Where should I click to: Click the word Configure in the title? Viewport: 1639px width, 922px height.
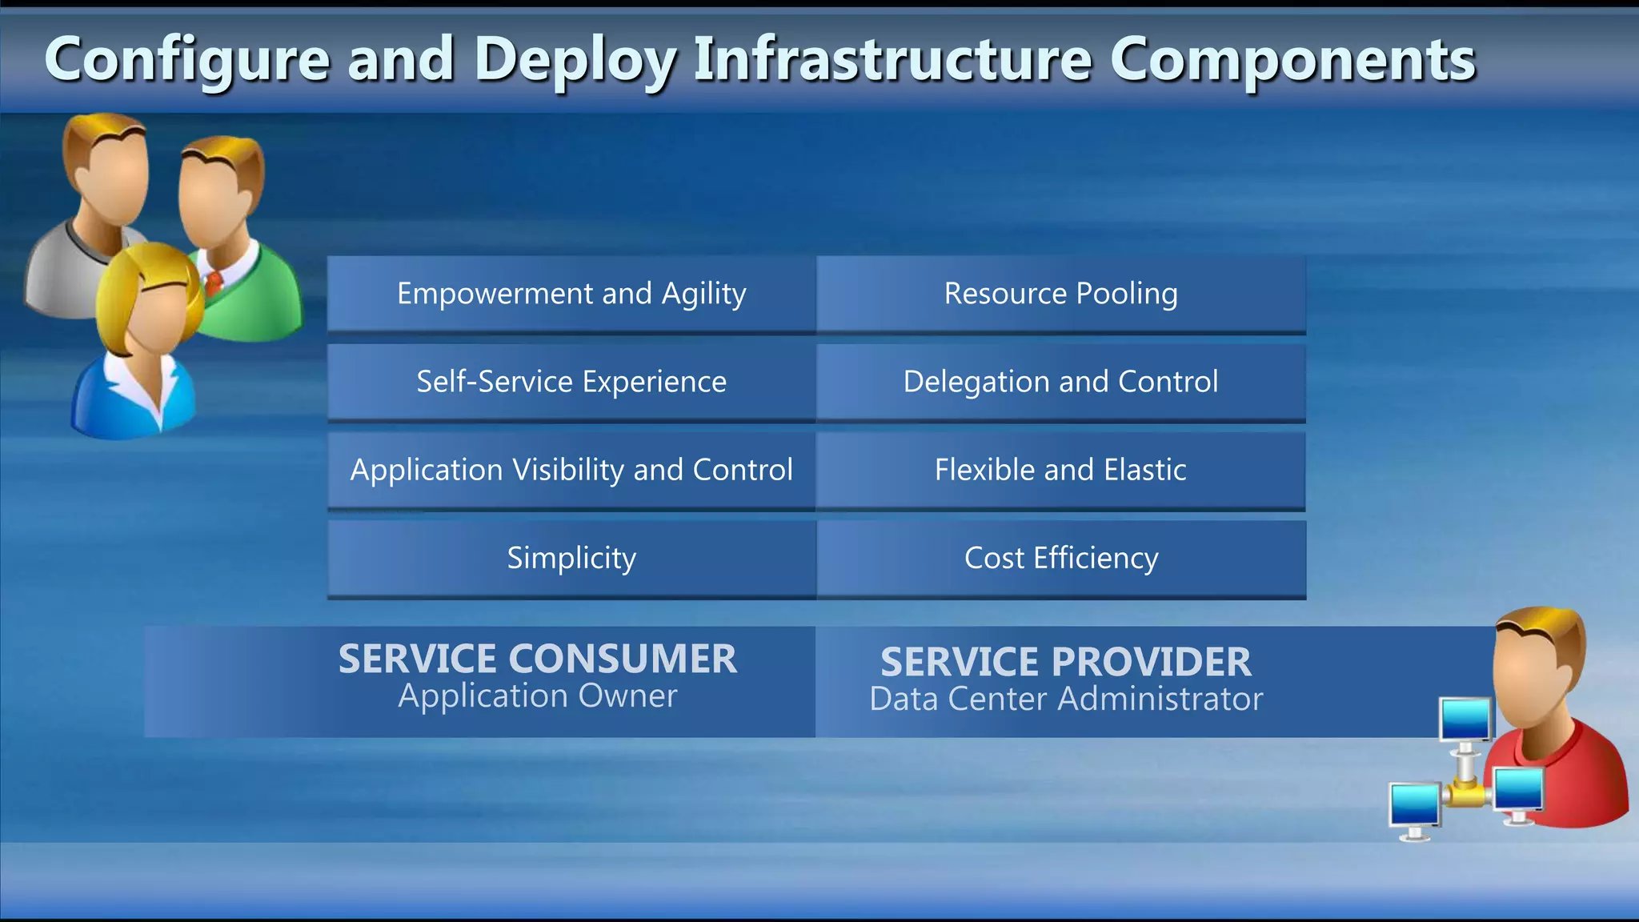[186, 60]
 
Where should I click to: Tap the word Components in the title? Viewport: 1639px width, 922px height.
[1292, 60]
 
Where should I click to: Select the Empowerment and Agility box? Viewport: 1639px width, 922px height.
[571, 294]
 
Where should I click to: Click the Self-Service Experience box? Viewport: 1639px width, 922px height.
[571, 382]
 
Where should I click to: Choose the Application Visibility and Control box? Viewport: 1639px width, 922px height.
[571, 470]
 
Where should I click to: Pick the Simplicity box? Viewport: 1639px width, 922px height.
[571, 558]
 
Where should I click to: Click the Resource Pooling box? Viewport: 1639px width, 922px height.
[1061, 294]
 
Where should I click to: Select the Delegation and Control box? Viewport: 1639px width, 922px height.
[1061, 382]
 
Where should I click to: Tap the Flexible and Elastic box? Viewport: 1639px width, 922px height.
[1061, 470]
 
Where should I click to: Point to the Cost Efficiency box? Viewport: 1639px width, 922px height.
[1061, 558]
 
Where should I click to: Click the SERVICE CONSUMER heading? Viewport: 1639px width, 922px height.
[537, 659]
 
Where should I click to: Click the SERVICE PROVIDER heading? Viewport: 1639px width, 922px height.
[1065, 662]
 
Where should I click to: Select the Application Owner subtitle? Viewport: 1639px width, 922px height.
[537, 696]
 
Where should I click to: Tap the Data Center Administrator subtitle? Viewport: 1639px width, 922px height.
[1065, 700]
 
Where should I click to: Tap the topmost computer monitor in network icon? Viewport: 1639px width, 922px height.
[1465, 720]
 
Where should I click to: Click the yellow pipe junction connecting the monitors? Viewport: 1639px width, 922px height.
[1465, 794]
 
